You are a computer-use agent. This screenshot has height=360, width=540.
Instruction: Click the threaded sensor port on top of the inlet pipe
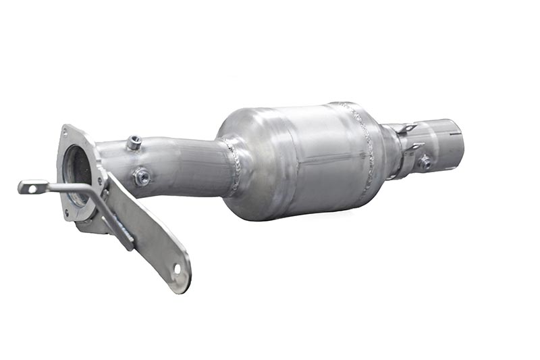(x=134, y=143)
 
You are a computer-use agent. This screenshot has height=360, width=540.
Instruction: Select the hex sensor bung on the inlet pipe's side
(x=141, y=177)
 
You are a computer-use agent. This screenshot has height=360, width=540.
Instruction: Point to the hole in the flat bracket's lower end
(x=178, y=269)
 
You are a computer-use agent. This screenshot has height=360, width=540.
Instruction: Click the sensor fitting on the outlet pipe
(x=424, y=162)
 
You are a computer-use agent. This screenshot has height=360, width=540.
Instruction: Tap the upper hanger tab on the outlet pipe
(x=407, y=128)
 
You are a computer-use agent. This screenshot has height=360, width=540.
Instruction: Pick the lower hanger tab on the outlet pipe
(x=413, y=147)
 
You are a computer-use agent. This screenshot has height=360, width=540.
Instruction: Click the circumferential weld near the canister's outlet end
(x=364, y=149)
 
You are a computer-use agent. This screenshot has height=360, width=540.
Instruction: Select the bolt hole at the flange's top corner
(x=66, y=130)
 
